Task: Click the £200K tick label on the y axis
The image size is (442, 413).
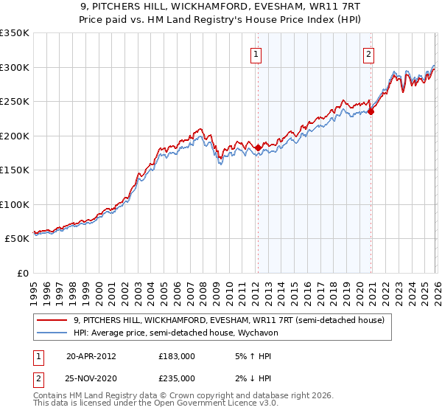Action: pyautogui.click(x=14, y=136)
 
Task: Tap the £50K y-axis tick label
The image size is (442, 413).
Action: pyautogui.click(x=16, y=239)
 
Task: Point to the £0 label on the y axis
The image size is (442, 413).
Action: pyautogui.click(x=22, y=273)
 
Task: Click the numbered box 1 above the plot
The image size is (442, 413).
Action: pyautogui.click(x=256, y=54)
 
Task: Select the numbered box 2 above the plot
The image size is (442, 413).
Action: pyautogui.click(x=368, y=54)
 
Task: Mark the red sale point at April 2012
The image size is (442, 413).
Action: pyautogui.click(x=258, y=147)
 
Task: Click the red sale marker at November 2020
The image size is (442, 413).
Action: pyautogui.click(x=371, y=112)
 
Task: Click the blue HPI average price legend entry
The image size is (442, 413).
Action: pyautogui.click(x=189, y=333)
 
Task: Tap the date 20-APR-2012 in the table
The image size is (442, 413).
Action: pyautogui.click(x=91, y=355)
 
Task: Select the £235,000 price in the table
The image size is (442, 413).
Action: pyautogui.click(x=177, y=378)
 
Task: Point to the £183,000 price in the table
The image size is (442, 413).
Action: pyautogui.click(x=177, y=355)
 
